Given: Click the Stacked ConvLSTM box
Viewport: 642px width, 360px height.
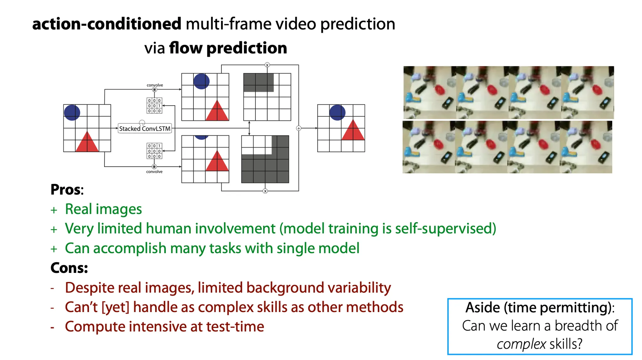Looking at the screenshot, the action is tap(145, 128).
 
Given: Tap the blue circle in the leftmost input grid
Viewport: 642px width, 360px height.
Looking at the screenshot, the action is tap(72, 112).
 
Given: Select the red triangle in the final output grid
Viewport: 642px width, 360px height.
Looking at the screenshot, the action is tap(353, 130).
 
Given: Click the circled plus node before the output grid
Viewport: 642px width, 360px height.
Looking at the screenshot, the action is tap(299, 128).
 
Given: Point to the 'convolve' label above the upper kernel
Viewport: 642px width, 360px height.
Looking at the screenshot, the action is tap(155, 85).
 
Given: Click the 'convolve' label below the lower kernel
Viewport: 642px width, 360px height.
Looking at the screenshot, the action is tap(154, 172).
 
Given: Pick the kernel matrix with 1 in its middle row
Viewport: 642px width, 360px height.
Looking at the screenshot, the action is tap(155, 106).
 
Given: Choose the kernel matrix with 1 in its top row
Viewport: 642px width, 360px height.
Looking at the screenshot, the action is tap(155, 151).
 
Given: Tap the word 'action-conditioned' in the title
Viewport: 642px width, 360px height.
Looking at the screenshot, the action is tap(107, 24).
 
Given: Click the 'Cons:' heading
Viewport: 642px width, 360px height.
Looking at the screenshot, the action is tap(69, 268).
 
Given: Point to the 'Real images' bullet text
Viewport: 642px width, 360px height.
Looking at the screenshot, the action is tap(103, 209).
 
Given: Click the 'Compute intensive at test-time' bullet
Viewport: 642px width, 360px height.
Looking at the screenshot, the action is tap(165, 326).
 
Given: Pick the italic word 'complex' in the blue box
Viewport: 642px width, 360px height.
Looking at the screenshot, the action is tap(521, 344).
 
